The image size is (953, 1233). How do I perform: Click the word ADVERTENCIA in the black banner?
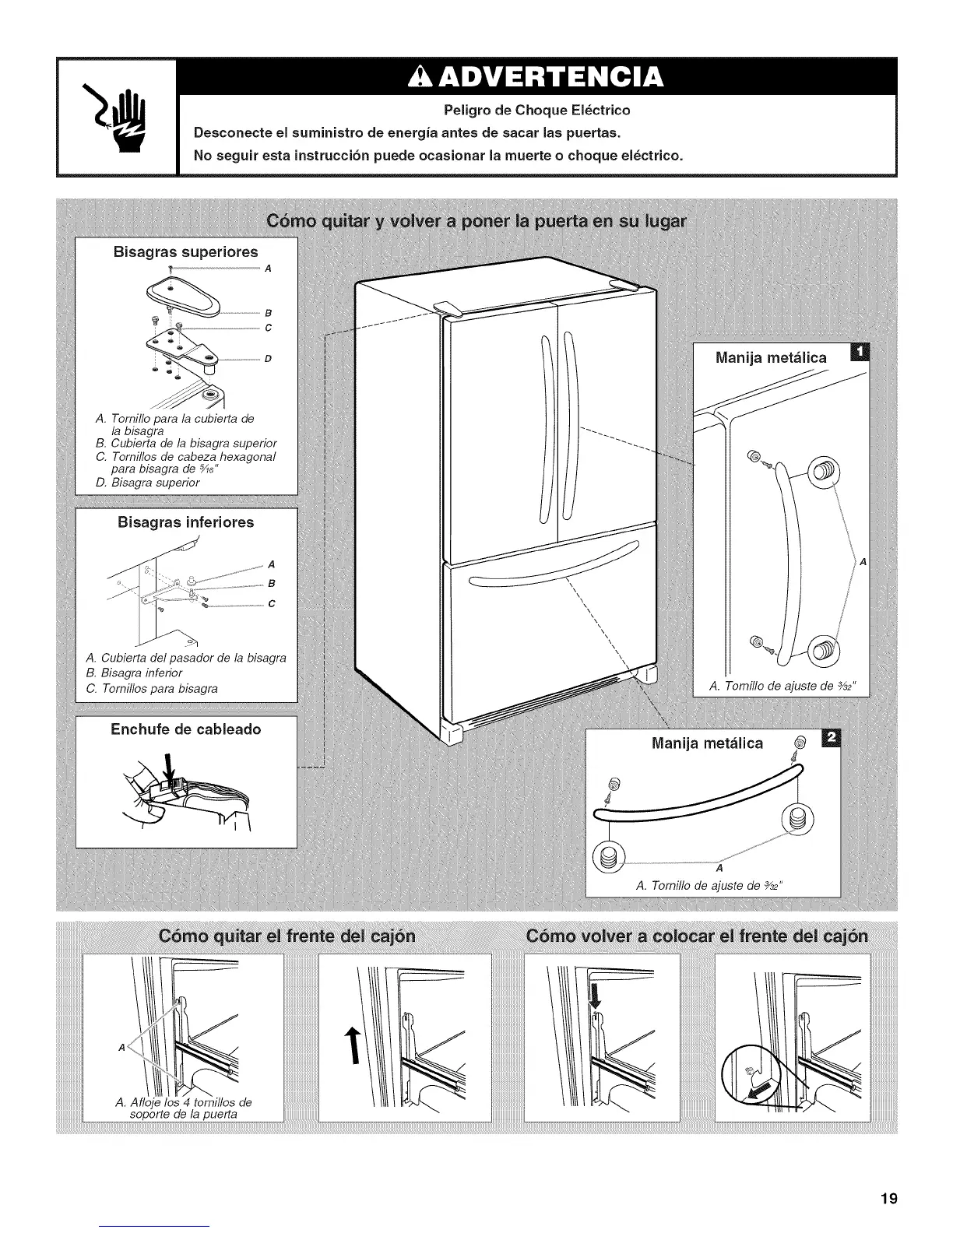click(x=538, y=77)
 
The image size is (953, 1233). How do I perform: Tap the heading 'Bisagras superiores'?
click(x=185, y=252)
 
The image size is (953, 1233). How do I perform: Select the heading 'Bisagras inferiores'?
click(x=185, y=522)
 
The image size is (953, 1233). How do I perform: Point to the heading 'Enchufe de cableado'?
click(x=185, y=729)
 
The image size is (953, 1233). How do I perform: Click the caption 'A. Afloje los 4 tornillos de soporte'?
click(x=184, y=1108)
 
